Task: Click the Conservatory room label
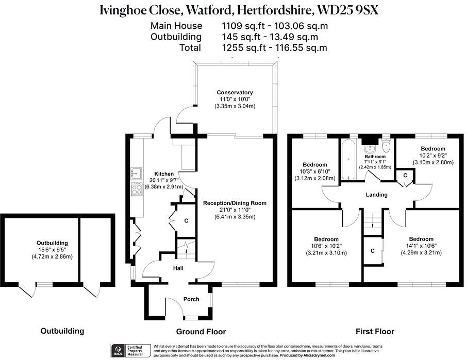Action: click(x=235, y=93)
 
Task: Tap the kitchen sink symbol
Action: click(x=138, y=172)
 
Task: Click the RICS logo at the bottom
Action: click(x=117, y=351)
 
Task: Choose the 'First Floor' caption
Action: click(x=375, y=332)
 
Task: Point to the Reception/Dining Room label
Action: click(x=235, y=203)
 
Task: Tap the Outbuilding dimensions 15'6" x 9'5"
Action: click(x=52, y=250)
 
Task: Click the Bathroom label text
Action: click(x=375, y=157)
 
